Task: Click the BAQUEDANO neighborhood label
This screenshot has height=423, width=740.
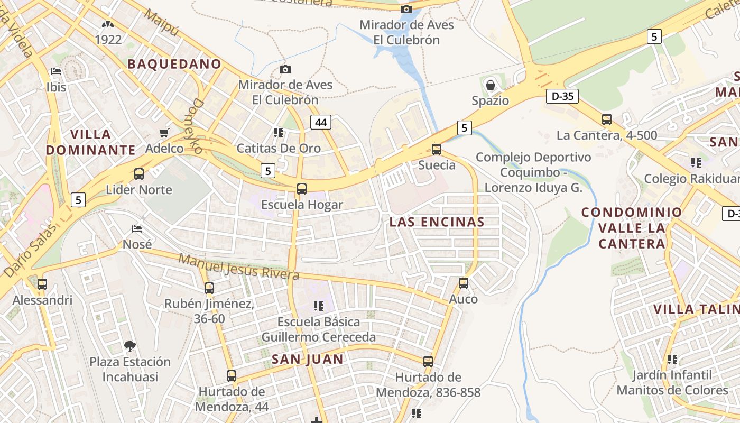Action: click(174, 64)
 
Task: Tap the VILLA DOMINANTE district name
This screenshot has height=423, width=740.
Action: click(90, 142)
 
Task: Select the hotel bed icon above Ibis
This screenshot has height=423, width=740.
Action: click(56, 71)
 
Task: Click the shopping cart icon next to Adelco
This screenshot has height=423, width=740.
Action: click(164, 133)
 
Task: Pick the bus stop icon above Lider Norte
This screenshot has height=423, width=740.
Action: click(139, 173)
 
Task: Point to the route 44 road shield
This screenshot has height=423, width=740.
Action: click(320, 123)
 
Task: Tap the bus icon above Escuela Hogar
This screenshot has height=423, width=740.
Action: click(302, 188)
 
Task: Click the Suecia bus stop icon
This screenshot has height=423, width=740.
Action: click(437, 149)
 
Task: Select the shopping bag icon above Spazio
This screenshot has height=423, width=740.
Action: click(490, 85)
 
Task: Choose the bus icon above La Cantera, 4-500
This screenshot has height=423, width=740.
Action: click(607, 119)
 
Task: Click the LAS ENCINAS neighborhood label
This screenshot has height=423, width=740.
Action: click(437, 222)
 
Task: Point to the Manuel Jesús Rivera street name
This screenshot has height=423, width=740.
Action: click(238, 267)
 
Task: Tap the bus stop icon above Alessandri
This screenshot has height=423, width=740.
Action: click(42, 284)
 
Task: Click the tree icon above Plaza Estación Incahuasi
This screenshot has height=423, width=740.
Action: click(130, 346)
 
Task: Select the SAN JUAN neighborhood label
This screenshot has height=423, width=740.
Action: click(308, 360)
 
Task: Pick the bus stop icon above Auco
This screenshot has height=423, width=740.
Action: click(464, 283)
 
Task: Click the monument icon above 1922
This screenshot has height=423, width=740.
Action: click(108, 24)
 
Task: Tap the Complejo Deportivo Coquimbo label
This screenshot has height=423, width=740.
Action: click(533, 172)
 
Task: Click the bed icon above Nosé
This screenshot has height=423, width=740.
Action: click(137, 229)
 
